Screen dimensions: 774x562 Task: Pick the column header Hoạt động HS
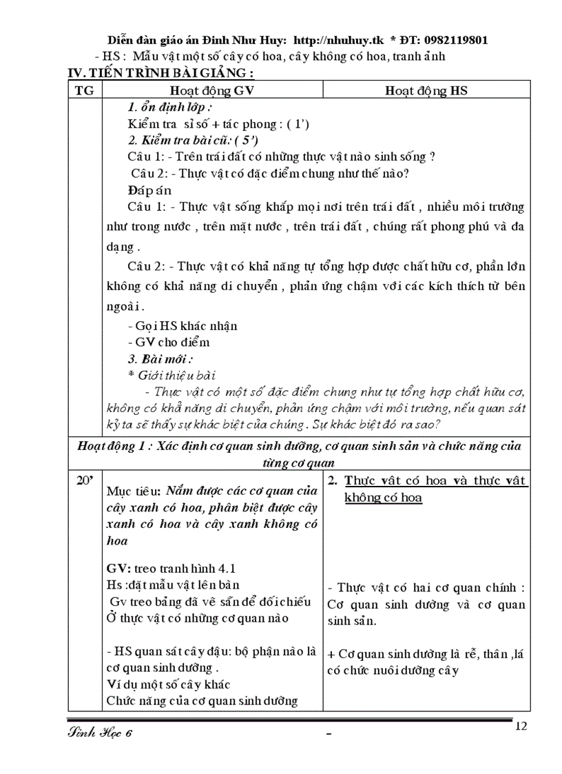click(x=426, y=90)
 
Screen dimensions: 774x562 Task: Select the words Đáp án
click(x=149, y=190)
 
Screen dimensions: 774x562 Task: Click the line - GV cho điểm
click(x=169, y=342)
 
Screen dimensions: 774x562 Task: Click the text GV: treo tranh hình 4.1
click(x=171, y=569)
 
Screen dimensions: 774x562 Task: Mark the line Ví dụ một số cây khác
click(x=168, y=684)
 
